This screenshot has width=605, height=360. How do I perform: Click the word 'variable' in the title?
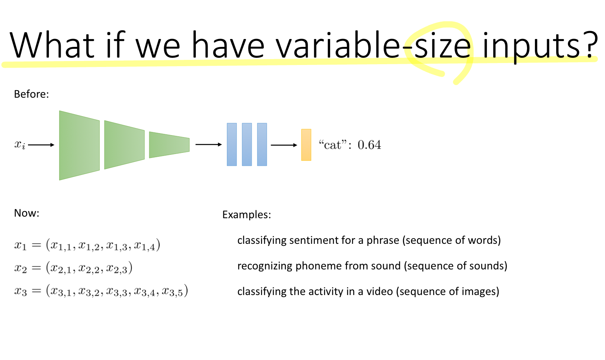pyautogui.click(x=337, y=45)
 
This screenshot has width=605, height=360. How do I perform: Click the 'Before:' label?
pyautogui.click(x=31, y=94)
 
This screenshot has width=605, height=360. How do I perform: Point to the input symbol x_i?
pyautogui.click(x=20, y=145)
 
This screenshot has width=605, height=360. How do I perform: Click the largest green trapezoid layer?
pyautogui.click(x=79, y=145)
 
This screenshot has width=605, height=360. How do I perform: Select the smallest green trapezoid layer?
pyautogui.click(x=169, y=145)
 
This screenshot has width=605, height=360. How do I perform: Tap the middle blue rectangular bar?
pyautogui.click(x=247, y=145)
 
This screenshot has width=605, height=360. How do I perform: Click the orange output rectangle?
pyautogui.click(x=306, y=145)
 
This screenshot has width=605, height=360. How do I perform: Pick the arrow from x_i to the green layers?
pyautogui.click(x=41, y=145)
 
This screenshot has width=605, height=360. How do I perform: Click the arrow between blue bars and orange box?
pyautogui.click(x=284, y=145)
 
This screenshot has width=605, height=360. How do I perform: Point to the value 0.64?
pyautogui.click(x=369, y=145)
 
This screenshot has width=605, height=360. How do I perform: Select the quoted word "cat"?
pyautogui.click(x=332, y=145)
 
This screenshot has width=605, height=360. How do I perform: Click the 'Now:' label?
pyautogui.click(x=26, y=213)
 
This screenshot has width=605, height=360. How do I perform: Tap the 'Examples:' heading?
pyautogui.click(x=247, y=215)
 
